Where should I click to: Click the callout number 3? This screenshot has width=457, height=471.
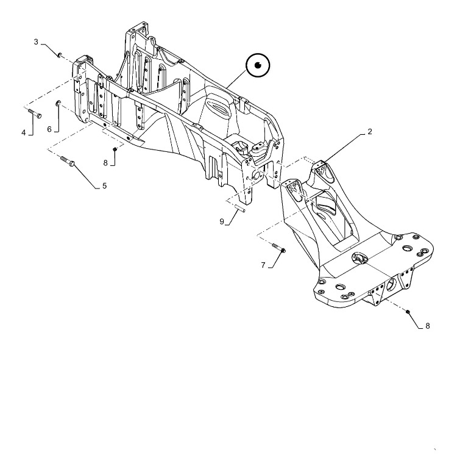37,41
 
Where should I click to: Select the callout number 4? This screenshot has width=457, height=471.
24,132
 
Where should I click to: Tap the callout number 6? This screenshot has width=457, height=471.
49,129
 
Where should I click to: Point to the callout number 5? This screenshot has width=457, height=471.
104,186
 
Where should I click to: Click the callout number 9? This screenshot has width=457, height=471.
222,221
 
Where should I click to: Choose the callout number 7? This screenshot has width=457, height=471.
263,265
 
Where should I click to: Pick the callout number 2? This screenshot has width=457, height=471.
370,132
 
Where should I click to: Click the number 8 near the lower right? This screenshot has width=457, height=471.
428,326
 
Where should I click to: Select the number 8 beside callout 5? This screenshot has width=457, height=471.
105,163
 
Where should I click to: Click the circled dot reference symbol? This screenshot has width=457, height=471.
258,65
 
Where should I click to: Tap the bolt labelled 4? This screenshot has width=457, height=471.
35,113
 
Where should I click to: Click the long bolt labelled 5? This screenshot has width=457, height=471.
68,161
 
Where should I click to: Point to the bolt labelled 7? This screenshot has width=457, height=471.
279,248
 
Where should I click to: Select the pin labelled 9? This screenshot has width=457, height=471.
240,208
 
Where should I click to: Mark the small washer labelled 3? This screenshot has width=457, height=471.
60,54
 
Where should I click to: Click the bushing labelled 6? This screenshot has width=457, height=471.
58,104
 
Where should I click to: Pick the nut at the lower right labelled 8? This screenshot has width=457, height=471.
408,312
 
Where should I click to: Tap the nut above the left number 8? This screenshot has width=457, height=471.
115,149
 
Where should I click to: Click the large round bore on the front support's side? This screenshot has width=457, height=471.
392,284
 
